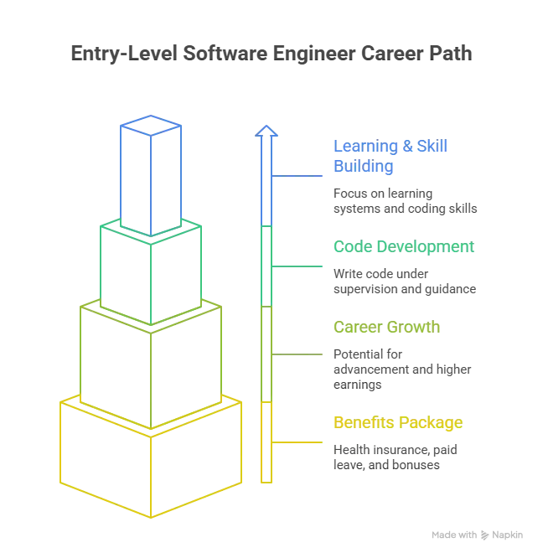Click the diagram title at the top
(271, 53)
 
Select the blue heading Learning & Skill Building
(390, 156)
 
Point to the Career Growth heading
(387, 327)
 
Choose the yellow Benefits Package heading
(397, 422)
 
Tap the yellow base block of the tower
(151, 461)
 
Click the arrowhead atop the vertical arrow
(266, 132)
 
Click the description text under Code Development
(402, 282)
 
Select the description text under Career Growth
(402, 369)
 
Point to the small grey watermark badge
(475, 535)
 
